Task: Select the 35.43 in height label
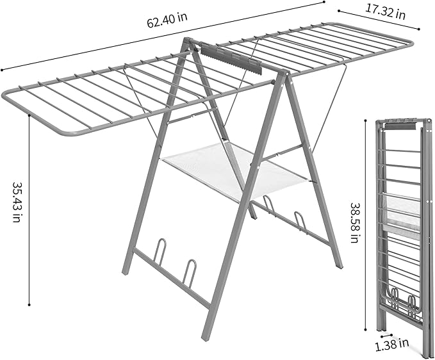[x=17, y=202]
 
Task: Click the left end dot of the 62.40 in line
[x=2, y=70]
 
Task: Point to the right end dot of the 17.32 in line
[x=420, y=28]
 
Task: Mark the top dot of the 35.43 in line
[x=30, y=115]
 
